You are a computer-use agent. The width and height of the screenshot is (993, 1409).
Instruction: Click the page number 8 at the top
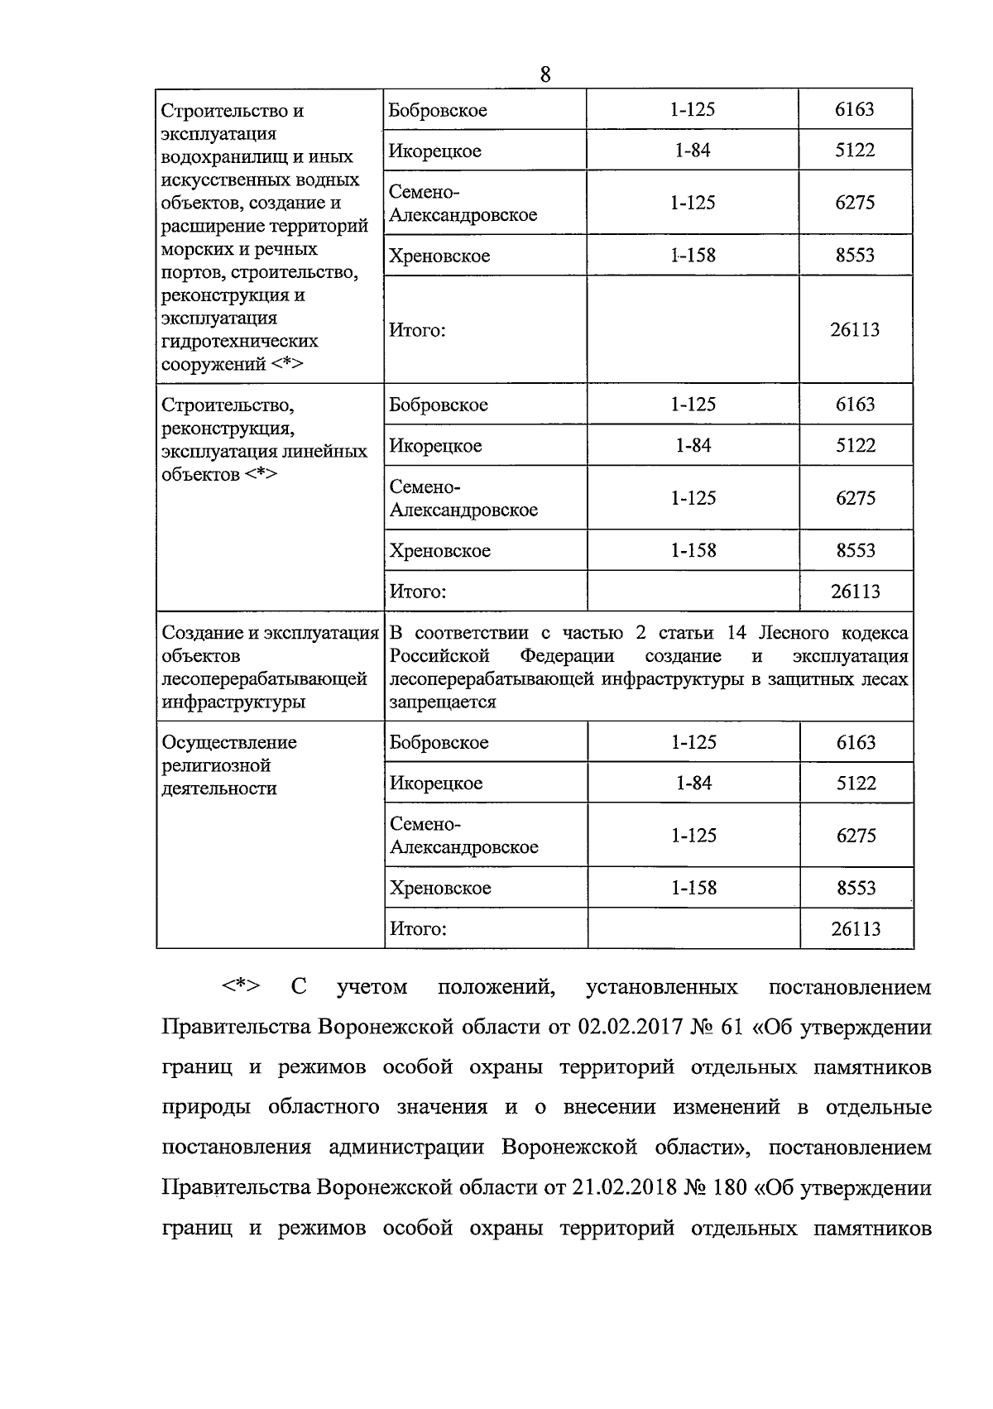(x=544, y=74)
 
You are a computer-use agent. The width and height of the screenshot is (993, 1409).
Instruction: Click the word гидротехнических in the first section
(x=240, y=341)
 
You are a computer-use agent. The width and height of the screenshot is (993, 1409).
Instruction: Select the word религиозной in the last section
(x=216, y=765)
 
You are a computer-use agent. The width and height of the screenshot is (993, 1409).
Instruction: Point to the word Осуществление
(x=229, y=742)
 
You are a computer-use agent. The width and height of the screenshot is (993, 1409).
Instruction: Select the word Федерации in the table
(x=567, y=656)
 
